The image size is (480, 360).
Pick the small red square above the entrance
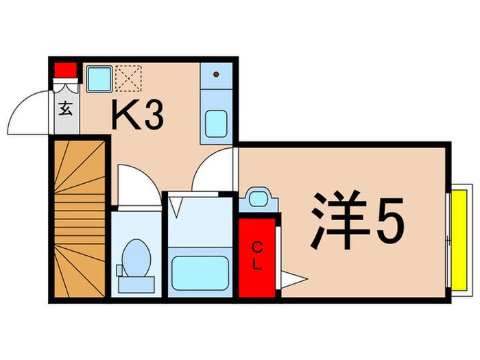click(x=64, y=70)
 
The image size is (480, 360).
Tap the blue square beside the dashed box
click(x=99, y=78)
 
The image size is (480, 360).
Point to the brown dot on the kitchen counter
click(x=217, y=73)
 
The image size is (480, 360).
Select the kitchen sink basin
click(x=218, y=123)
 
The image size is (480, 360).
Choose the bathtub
click(x=199, y=273)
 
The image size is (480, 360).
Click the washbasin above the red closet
click(x=258, y=200)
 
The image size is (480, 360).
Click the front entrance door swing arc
click(x=27, y=113)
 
